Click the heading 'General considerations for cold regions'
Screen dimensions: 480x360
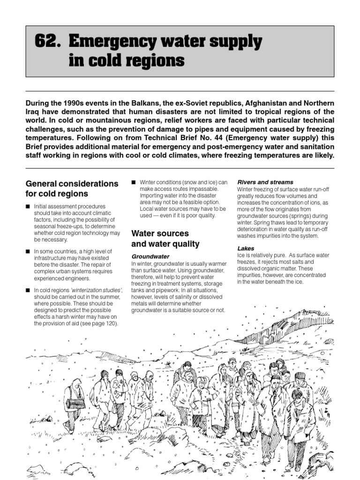(x=71, y=188)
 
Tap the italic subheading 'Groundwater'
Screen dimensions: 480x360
(x=150, y=256)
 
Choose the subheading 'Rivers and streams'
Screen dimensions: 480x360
(x=265, y=182)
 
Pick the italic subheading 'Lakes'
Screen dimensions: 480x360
(x=246, y=248)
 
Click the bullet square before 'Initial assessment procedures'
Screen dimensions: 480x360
(x=28, y=207)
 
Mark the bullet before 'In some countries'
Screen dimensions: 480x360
(x=28, y=252)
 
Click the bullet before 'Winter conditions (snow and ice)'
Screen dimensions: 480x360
(x=134, y=182)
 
